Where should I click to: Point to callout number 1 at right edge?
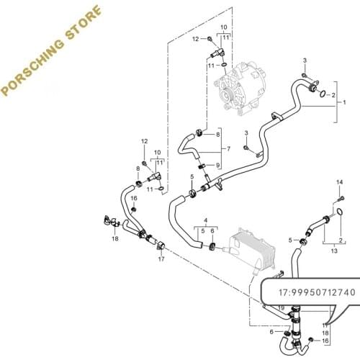(344, 103)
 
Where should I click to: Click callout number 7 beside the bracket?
(228, 149)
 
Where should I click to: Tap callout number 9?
(218, 166)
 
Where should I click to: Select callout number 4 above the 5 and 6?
(206, 218)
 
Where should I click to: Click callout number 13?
(334, 253)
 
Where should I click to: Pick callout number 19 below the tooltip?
(282, 309)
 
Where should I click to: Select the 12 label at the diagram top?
(196, 39)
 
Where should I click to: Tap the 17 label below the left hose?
(161, 259)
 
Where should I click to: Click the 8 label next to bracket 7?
(218, 135)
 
